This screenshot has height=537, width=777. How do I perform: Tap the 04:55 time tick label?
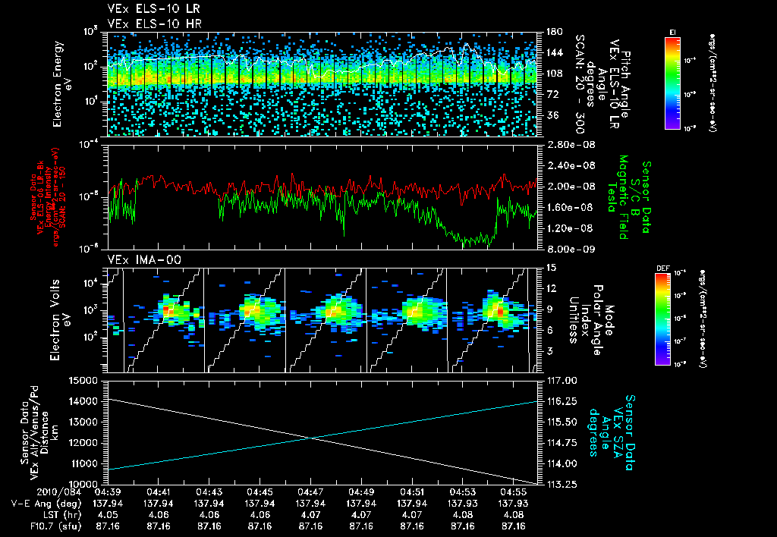click(x=513, y=491)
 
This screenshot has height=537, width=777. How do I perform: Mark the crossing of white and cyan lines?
click(x=312, y=437)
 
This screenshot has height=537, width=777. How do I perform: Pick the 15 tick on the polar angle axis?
click(x=549, y=268)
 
